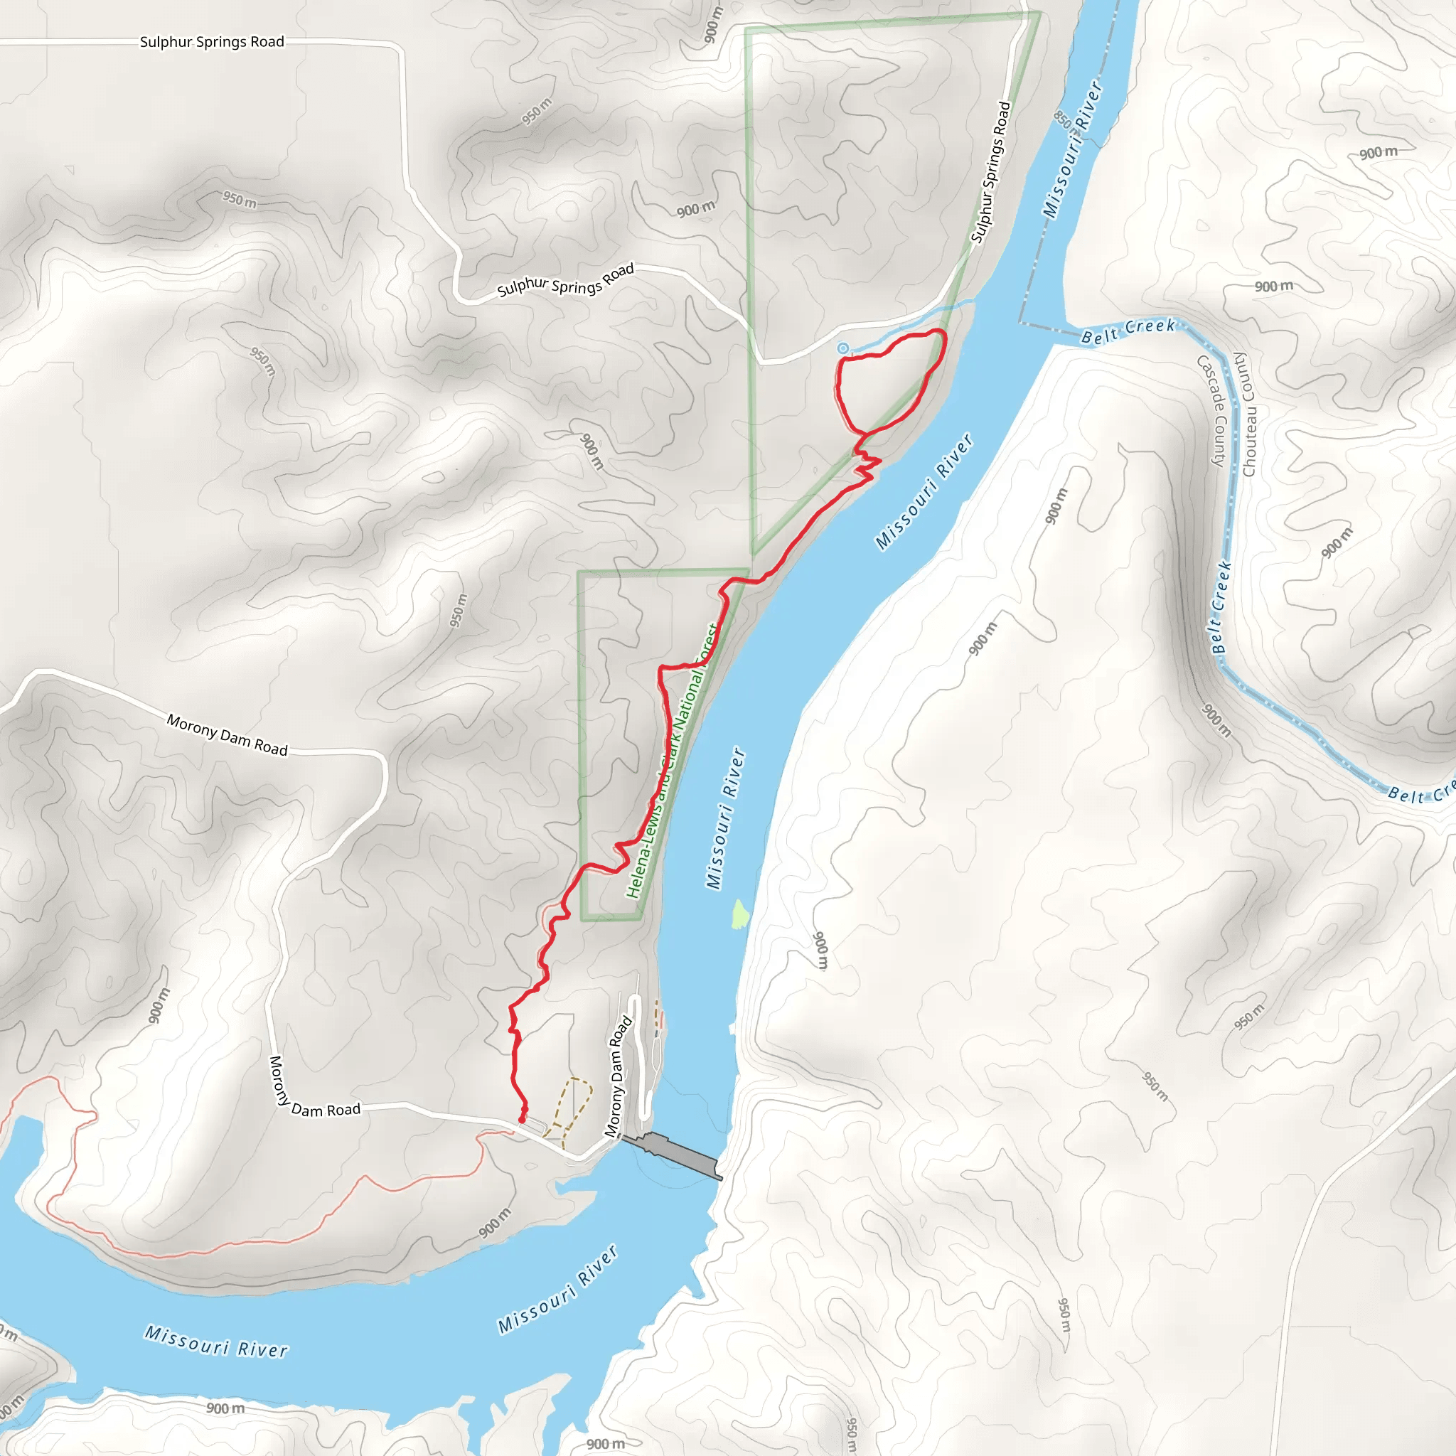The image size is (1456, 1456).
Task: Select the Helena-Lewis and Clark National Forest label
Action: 673,761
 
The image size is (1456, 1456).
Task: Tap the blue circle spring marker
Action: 843,348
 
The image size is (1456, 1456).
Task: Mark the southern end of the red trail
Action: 522,1120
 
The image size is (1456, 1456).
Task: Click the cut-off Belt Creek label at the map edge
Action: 1421,793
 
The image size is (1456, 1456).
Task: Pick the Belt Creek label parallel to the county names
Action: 1220,606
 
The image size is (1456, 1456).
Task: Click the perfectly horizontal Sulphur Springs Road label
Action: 212,42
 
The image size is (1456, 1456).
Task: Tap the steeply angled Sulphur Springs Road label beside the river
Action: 990,173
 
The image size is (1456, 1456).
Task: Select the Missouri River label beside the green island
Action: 725,818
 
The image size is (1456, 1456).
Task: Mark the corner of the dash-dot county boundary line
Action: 1022,323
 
